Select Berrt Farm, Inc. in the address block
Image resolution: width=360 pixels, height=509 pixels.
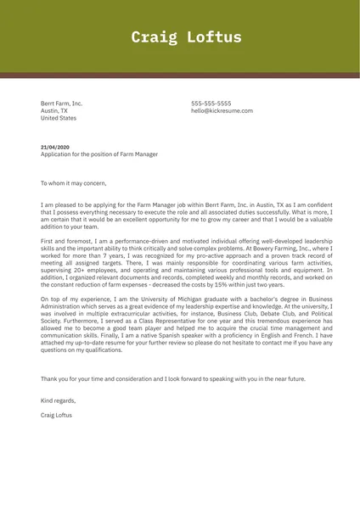coord(62,103)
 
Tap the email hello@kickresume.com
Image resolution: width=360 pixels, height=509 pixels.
coord(222,110)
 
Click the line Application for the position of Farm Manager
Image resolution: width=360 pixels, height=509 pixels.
coord(98,155)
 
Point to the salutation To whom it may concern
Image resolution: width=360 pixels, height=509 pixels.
coord(74,183)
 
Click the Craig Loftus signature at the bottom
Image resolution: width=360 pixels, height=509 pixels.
coord(57,415)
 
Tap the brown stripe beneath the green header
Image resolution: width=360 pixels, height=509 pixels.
coord(180,76)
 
